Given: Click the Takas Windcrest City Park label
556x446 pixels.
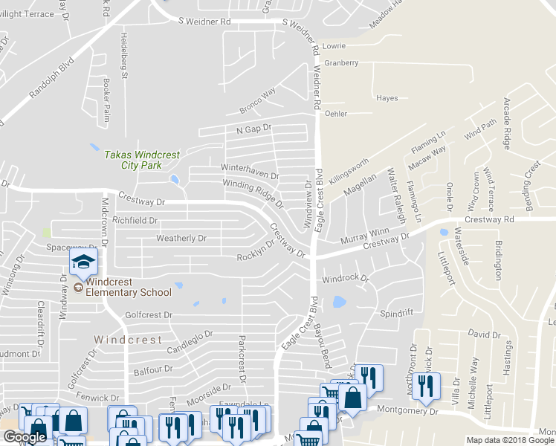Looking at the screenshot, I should pyautogui.click(x=141, y=160).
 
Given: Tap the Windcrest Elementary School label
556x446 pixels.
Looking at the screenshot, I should pyautogui.click(x=128, y=287).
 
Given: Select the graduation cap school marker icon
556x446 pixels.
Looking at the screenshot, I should pyautogui.click(x=83, y=262).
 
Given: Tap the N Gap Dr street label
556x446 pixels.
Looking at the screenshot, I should pyautogui.click(x=254, y=129).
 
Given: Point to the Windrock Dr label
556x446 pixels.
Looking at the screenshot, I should pyautogui.click(x=345, y=279).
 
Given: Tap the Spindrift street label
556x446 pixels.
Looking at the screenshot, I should pyautogui.click(x=396, y=314).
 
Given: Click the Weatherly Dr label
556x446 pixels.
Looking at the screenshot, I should pyautogui.click(x=181, y=239).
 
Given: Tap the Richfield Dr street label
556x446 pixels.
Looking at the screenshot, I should pyautogui.click(x=135, y=221).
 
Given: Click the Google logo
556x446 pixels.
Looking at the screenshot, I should pyautogui.click(x=25, y=437).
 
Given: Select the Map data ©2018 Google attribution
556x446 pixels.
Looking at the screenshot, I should pyautogui.click(x=510, y=440).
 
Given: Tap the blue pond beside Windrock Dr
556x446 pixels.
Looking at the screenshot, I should pyautogui.click(x=339, y=302).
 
